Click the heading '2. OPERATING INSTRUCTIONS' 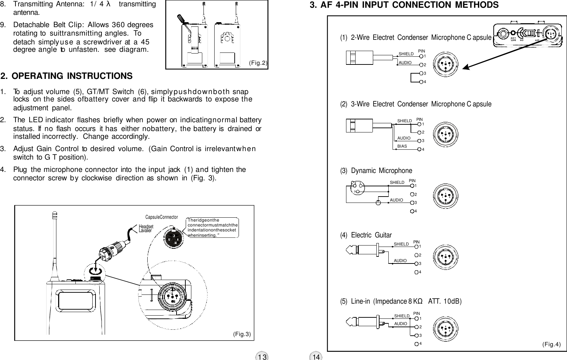tap(67, 76)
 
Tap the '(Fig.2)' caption tap(258, 63)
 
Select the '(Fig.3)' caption tap(242, 334)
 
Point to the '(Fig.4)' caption tap(551, 344)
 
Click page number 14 tap(316, 356)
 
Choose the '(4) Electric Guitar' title tap(366, 235)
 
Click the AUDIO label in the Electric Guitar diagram tap(400, 261)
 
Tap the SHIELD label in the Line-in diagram tap(401, 316)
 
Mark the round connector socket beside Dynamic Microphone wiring tap(446, 195)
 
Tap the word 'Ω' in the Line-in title tap(420, 302)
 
